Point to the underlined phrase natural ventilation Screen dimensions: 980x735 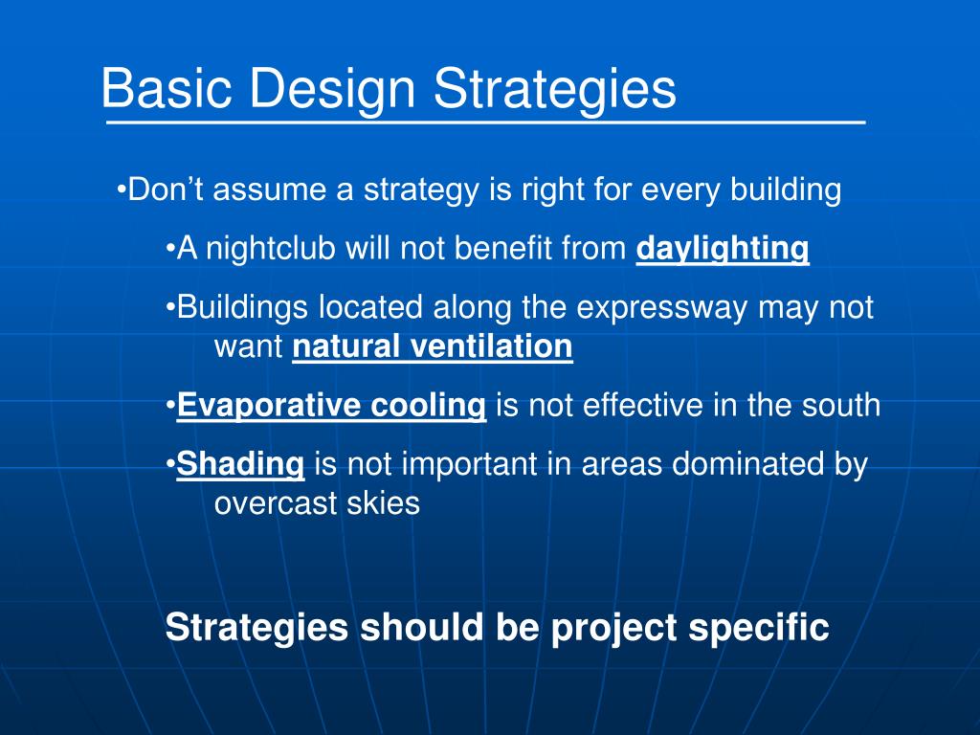click(x=433, y=346)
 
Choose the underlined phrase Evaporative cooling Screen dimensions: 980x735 click(x=331, y=406)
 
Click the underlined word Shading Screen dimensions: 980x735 click(x=240, y=465)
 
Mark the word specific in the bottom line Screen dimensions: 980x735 click(x=759, y=628)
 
